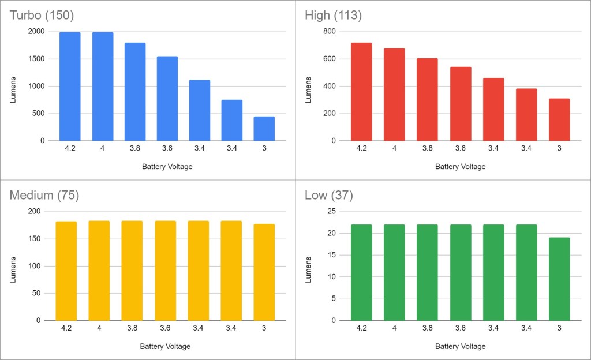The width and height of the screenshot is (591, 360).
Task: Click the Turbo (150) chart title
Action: click(x=42, y=16)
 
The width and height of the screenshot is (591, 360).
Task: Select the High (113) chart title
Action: click(x=333, y=16)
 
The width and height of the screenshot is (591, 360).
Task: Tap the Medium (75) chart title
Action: click(x=44, y=196)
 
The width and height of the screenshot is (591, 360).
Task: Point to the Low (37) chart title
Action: click(x=328, y=196)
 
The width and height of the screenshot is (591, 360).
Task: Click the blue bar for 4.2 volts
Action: click(x=70, y=87)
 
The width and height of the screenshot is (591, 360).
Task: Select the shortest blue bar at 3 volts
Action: click(x=264, y=129)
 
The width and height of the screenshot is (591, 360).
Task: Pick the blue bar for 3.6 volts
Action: click(x=167, y=99)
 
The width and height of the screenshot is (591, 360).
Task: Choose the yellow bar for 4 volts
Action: click(x=99, y=271)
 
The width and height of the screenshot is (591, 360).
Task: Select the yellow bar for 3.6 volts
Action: click(x=165, y=271)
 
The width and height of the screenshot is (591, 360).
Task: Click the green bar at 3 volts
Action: click(x=559, y=279)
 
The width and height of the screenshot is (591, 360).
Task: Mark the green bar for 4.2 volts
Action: click(x=361, y=272)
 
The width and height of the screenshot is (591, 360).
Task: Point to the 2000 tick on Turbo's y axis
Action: click(x=35, y=32)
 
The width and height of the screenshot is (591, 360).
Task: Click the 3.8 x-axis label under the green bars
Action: click(x=427, y=328)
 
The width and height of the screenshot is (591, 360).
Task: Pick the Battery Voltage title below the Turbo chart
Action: click(x=167, y=167)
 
